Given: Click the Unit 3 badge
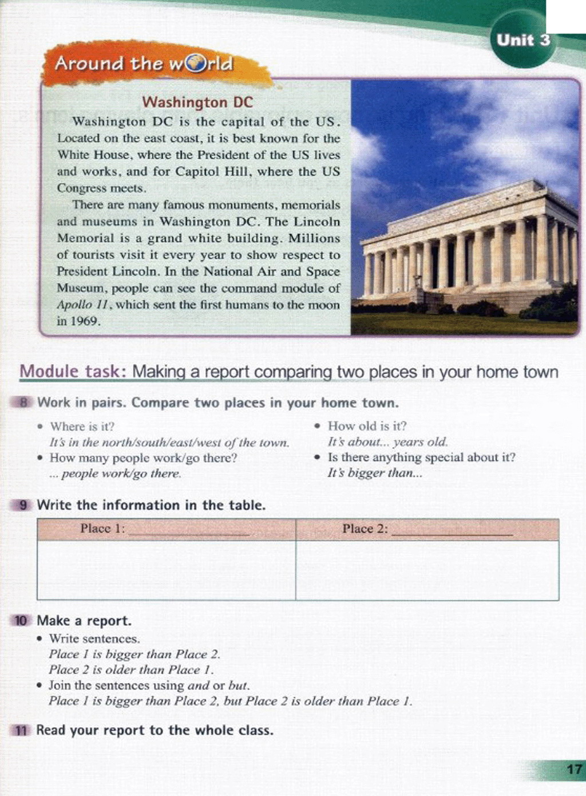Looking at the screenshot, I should tap(523, 40).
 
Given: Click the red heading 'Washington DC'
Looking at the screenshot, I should tap(197, 103).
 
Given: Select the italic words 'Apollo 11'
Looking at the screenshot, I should tap(82, 305).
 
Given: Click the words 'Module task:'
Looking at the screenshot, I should tap(72, 372).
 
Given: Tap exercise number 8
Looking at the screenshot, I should tap(23, 403).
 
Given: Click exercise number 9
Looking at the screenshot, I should tap(23, 505).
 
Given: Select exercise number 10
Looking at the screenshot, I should tap(21, 621).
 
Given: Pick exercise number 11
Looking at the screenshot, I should tap(21, 731).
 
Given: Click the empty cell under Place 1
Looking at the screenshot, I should tap(166, 570).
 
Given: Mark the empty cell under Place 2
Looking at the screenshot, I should tap(427, 570).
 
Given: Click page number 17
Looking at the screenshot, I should tap(574, 769).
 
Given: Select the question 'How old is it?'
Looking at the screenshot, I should tap(367, 426).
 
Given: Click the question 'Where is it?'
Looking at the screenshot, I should tap(82, 427).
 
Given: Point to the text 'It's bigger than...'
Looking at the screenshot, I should tap(375, 473).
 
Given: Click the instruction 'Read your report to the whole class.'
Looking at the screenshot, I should tap(155, 731).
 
